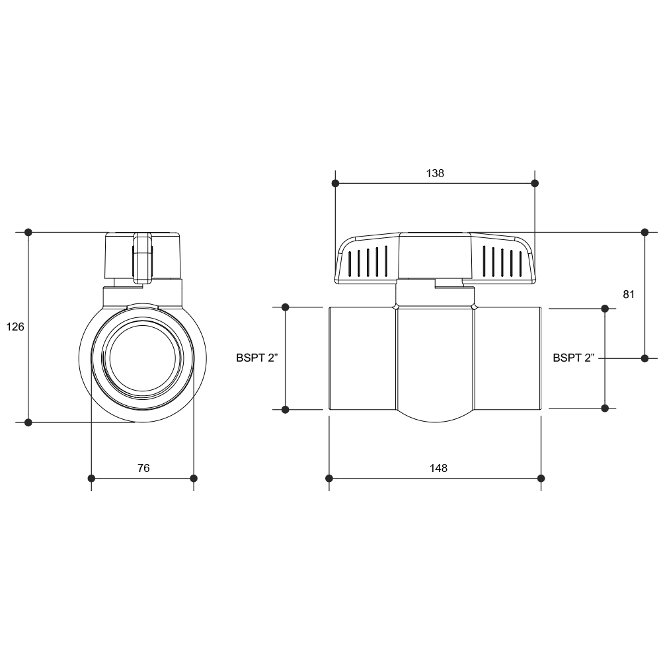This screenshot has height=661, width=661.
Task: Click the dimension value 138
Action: point(435,173)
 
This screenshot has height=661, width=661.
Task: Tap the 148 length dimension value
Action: point(438,468)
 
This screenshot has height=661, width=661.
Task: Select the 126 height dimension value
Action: point(15,327)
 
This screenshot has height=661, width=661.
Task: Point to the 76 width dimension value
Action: point(143,468)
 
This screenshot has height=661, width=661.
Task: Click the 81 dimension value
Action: point(629,294)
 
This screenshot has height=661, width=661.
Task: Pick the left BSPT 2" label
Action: point(257,358)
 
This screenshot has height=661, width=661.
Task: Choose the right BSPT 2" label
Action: point(574,358)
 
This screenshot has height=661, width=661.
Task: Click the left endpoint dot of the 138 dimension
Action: point(336,183)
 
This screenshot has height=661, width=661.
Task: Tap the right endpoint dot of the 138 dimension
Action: point(535,183)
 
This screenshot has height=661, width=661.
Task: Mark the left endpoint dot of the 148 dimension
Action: point(329,479)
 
